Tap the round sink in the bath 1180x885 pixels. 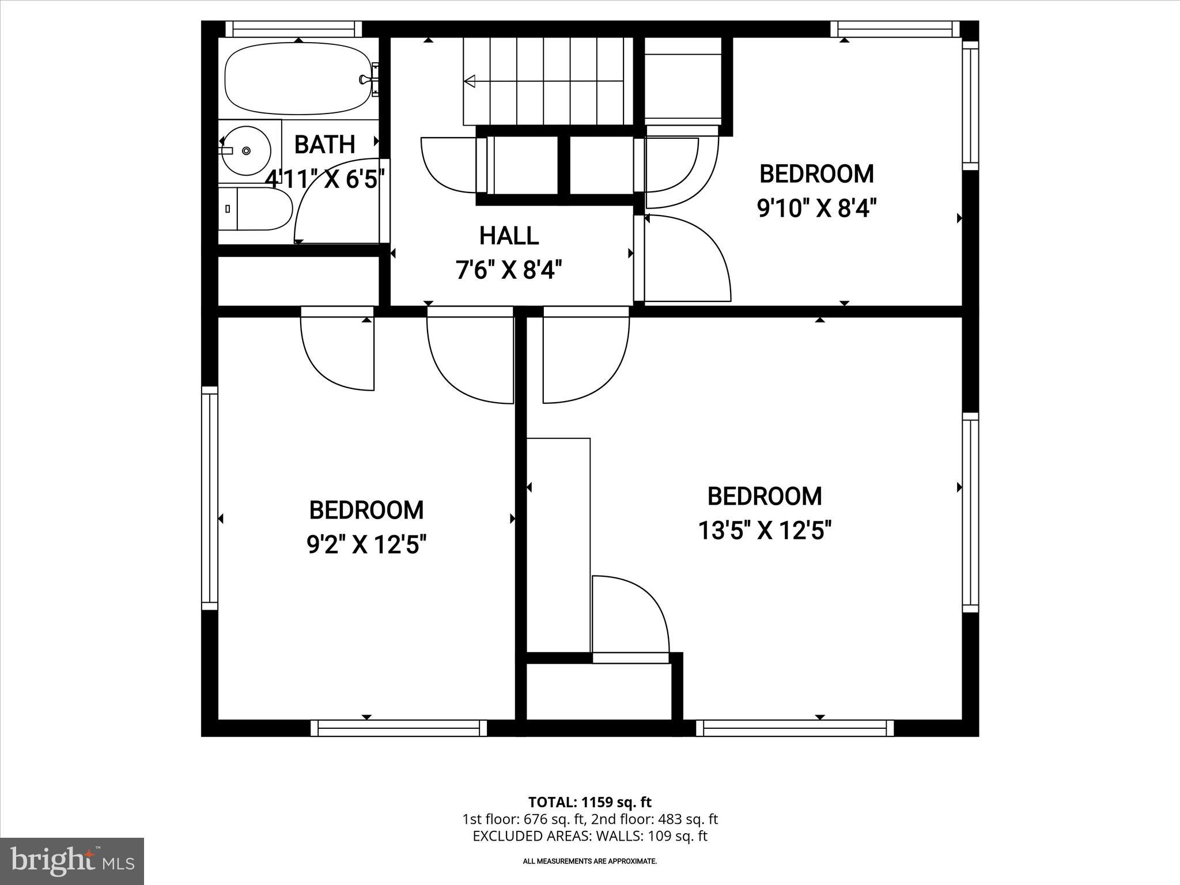pyautogui.click(x=246, y=150)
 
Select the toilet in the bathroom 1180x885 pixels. pyautogui.click(x=256, y=209)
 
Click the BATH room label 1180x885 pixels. pyautogui.click(x=324, y=145)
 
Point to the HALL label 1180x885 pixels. pyautogui.click(x=509, y=236)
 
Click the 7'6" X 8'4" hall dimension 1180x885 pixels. pyautogui.click(x=509, y=270)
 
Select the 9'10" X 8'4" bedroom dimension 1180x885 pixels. pyautogui.click(x=816, y=208)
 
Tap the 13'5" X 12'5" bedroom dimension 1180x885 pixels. pyautogui.click(x=765, y=530)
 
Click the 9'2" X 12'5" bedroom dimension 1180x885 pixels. pyautogui.click(x=366, y=544)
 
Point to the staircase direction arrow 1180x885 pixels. pyautogui.click(x=470, y=81)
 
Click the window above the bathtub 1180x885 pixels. pyautogui.click(x=293, y=29)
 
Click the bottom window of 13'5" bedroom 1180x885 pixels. pyautogui.click(x=795, y=728)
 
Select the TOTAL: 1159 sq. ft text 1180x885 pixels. pyautogui.click(x=589, y=802)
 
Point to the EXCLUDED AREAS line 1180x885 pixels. pyautogui.click(x=589, y=836)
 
